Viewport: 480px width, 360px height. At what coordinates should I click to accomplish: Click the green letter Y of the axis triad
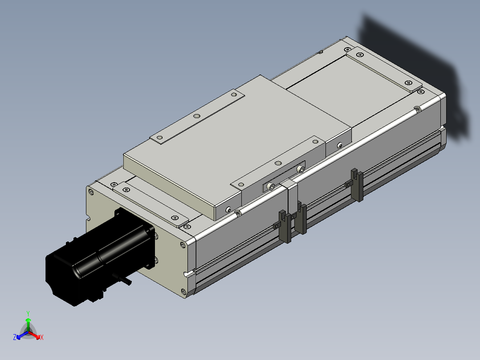click(28, 313)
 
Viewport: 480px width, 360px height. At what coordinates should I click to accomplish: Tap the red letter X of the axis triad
click(42, 338)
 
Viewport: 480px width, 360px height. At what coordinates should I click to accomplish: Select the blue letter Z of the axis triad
click(15, 337)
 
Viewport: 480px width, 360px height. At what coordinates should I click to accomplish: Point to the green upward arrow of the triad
click(28, 324)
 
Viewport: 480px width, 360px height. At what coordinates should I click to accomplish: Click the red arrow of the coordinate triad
click(35, 335)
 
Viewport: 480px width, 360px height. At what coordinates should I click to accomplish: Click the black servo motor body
click(100, 258)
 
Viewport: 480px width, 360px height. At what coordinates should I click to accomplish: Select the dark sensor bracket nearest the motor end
click(285, 227)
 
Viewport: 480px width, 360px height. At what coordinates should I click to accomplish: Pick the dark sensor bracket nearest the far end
click(357, 185)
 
